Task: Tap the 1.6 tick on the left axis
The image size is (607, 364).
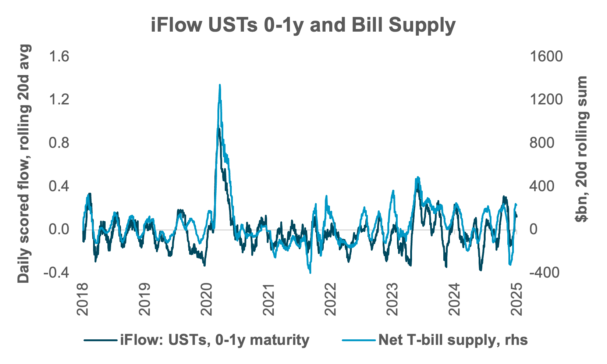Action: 59,57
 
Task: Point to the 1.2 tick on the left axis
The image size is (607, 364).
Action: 59,100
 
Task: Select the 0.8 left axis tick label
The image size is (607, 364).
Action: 59,143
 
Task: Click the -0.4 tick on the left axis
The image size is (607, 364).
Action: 57,272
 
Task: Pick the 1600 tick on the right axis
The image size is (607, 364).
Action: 546,57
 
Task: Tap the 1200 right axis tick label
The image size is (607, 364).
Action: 546,100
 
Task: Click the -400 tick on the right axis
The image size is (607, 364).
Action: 544,272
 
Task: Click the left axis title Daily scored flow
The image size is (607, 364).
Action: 24,164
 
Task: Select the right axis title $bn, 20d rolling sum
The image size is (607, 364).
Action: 582,149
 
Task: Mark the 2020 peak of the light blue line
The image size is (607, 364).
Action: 220,85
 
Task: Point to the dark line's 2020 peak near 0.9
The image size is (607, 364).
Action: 219,129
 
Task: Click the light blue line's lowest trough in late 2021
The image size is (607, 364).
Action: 310,272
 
